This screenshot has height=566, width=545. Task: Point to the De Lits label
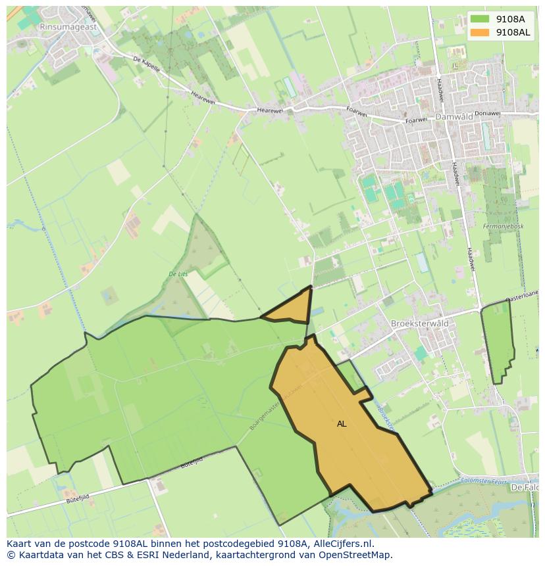178,273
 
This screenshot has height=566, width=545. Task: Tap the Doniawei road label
487,113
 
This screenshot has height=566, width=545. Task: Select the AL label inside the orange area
342,424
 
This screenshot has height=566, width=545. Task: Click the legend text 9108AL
513,32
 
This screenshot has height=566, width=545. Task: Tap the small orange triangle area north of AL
294,309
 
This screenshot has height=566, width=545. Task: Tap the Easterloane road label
524,296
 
